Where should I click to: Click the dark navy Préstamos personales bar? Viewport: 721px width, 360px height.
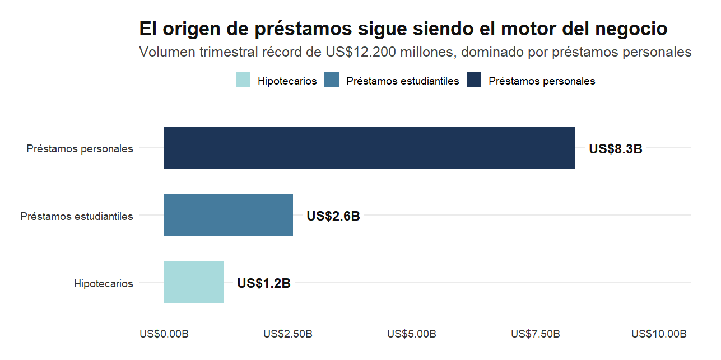tap(369, 148)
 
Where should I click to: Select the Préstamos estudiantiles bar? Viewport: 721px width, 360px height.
tap(228, 215)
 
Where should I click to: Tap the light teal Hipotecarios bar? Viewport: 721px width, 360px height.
tap(193, 283)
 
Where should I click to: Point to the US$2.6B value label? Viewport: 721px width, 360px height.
tap(333, 216)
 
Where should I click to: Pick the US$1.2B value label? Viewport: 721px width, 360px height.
tap(263, 283)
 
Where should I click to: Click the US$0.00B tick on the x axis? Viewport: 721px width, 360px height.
tap(164, 334)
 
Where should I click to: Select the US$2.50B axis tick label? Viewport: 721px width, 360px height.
tap(287, 334)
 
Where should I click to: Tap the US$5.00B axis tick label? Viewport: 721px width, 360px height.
tap(411, 334)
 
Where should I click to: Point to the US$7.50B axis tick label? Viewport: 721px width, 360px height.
tap(535, 334)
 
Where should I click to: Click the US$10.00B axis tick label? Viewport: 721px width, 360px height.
tap(658, 334)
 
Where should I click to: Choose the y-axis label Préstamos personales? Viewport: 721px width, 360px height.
tap(80, 149)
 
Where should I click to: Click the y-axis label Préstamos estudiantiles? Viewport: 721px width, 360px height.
tap(77, 216)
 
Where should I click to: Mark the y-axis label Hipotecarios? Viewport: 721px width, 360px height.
tap(103, 283)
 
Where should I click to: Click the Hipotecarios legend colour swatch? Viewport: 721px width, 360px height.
tap(243, 81)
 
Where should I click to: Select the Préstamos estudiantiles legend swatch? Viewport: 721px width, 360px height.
tap(332, 81)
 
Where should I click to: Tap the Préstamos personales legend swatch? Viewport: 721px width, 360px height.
tap(474, 81)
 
